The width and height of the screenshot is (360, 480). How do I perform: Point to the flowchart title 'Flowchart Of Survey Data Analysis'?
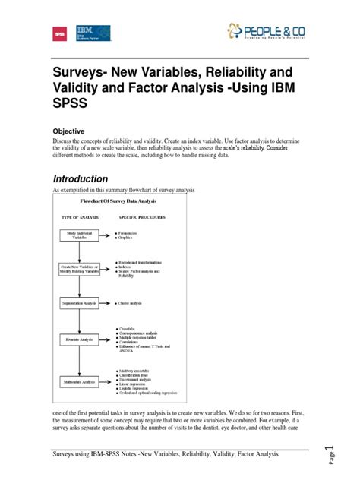click(x=118, y=202)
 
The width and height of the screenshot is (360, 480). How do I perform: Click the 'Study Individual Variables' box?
click(x=80, y=235)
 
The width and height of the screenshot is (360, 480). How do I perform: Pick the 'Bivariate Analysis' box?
click(x=80, y=340)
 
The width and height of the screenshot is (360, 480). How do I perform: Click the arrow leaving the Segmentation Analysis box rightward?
click(x=107, y=303)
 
